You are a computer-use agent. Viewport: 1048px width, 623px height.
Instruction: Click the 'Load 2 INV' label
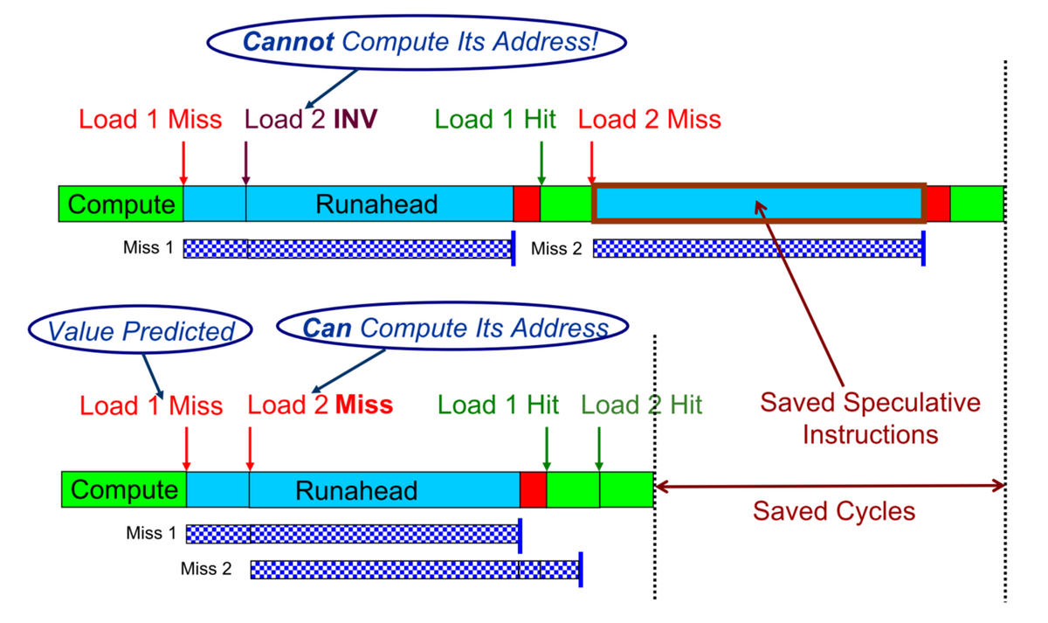[311, 119]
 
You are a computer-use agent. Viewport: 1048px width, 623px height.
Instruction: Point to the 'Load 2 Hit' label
[641, 405]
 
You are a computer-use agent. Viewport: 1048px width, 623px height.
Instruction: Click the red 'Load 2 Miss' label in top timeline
[650, 119]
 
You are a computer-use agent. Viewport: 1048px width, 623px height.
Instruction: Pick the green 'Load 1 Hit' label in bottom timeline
[498, 405]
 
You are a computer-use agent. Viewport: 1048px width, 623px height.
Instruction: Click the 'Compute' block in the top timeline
[121, 204]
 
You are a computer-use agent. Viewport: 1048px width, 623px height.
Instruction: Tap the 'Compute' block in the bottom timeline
[124, 489]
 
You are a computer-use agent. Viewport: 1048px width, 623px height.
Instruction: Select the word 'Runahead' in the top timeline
[376, 204]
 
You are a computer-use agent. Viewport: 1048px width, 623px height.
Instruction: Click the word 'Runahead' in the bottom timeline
[356, 490]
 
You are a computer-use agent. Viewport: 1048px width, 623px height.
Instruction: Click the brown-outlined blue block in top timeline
[759, 204]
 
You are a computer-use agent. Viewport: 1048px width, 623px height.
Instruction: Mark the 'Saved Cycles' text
[834, 510]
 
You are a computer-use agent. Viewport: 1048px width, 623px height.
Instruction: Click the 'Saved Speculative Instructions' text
[870, 419]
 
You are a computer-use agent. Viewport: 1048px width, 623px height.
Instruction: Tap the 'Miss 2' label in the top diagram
[556, 248]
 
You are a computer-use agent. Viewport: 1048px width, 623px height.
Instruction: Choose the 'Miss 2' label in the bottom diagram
[206, 569]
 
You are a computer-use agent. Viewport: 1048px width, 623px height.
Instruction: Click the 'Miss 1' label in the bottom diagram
[151, 533]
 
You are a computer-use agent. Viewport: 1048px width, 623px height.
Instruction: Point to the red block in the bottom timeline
[533, 489]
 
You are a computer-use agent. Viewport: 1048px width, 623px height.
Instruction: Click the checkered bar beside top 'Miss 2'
[758, 248]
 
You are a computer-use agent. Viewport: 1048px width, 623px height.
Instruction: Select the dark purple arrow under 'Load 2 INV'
[245, 163]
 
